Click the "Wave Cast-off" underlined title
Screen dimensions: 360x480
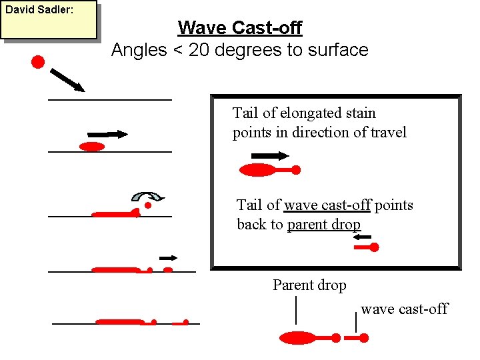(x=239, y=28)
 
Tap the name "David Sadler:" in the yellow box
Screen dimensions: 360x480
(x=35, y=11)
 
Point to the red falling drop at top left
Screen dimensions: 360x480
(x=38, y=63)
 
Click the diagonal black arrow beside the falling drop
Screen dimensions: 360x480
(x=67, y=79)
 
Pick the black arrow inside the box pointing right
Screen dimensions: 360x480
(x=270, y=156)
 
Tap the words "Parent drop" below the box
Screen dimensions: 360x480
(x=309, y=285)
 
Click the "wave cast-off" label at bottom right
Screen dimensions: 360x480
(x=404, y=309)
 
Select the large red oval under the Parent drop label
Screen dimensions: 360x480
(x=297, y=338)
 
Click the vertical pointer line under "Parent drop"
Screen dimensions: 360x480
(x=295, y=311)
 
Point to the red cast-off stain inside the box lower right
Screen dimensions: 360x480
(x=367, y=247)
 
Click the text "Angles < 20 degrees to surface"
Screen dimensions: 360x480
(x=239, y=50)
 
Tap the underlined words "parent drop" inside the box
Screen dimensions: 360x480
(x=323, y=225)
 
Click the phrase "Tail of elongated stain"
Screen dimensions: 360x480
(x=304, y=113)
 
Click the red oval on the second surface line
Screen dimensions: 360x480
(x=92, y=147)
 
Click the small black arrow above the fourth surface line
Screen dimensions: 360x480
(x=168, y=257)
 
